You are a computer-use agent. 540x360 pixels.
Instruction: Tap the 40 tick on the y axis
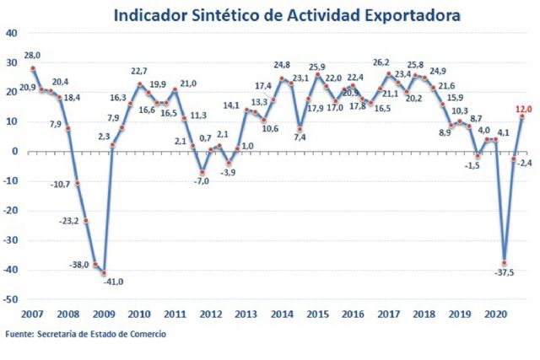click(x=11, y=33)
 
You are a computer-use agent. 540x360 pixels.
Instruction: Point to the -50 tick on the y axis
click(x=11, y=299)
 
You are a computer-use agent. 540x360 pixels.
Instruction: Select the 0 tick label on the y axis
click(x=14, y=152)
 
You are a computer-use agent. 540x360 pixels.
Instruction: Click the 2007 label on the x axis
click(x=32, y=314)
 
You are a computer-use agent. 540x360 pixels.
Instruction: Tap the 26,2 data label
click(x=381, y=62)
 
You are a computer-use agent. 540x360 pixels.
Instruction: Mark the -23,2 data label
click(x=68, y=221)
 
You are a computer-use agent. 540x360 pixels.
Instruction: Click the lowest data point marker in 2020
click(x=505, y=262)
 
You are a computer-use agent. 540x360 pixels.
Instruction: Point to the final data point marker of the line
click(x=521, y=116)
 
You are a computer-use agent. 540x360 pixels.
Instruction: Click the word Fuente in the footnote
click(x=19, y=335)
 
